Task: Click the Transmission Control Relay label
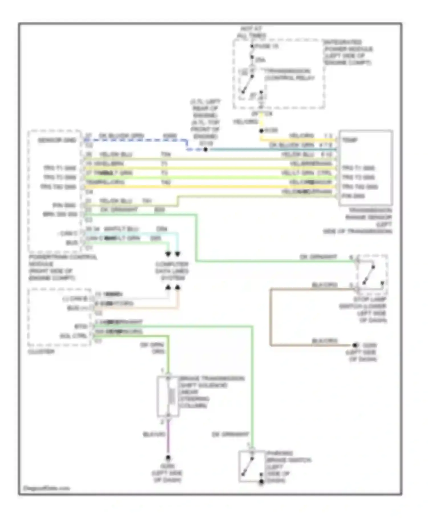point(289,75)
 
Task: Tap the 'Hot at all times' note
point(251,32)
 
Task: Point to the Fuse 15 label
point(267,46)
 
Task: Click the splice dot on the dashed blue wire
point(205,150)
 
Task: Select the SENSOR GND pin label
point(57,140)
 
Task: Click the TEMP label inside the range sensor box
point(350,140)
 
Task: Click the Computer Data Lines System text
point(172,271)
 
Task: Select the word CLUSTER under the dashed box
point(41,352)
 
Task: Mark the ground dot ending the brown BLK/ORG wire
point(355,345)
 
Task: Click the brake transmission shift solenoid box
point(168,396)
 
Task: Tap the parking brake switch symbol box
point(252,466)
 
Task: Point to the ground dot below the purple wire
point(168,457)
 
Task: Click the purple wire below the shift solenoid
point(168,438)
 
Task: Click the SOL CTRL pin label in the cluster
point(73,336)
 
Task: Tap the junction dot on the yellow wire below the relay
point(261,131)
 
